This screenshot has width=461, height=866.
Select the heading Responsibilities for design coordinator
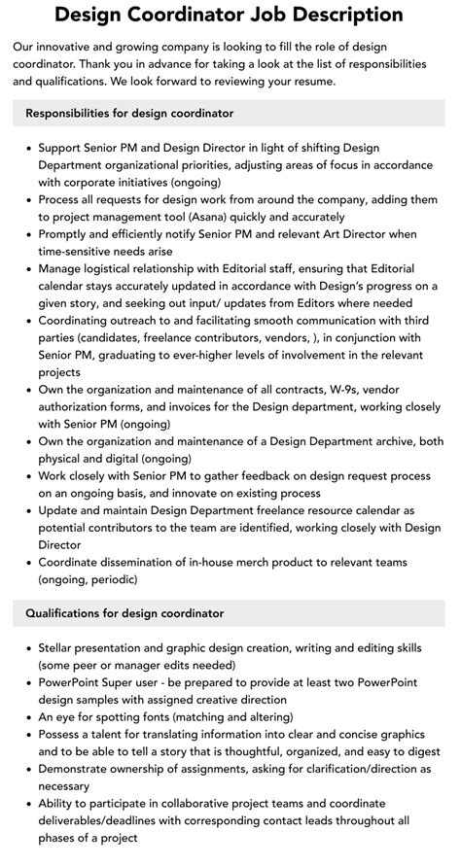[x=129, y=113]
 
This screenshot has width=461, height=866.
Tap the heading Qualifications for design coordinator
[x=124, y=613]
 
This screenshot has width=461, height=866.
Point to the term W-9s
[x=331, y=389]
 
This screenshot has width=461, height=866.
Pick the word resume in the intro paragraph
[x=308, y=81]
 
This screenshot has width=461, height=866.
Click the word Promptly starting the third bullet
[x=65, y=234]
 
